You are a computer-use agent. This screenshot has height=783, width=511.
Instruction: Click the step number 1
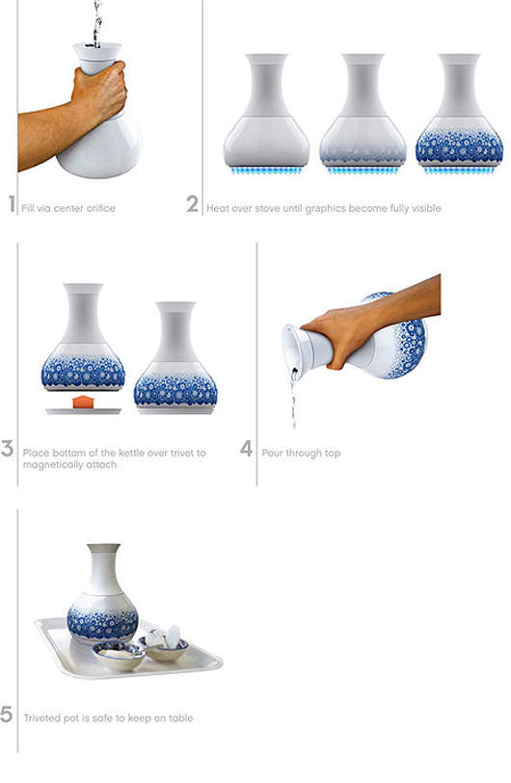(x=12, y=204)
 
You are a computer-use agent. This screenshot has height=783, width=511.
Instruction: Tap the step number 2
(x=193, y=204)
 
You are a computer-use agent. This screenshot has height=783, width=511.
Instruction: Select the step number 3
(x=7, y=449)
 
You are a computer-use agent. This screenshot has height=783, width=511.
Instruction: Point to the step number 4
(x=246, y=449)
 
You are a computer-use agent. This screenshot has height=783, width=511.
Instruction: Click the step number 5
(x=6, y=714)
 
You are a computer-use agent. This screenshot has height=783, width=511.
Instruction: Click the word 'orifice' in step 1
(x=101, y=208)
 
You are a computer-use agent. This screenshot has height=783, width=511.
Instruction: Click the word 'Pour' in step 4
(x=272, y=453)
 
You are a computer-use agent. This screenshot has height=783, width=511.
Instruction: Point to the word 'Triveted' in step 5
(x=42, y=718)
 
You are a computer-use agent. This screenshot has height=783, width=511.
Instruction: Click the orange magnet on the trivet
(x=83, y=402)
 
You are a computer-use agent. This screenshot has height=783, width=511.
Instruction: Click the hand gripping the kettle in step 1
(x=99, y=92)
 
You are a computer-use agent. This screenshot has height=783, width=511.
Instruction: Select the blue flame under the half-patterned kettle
(x=363, y=170)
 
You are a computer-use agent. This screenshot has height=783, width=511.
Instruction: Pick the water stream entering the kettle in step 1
(x=97, y=23)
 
